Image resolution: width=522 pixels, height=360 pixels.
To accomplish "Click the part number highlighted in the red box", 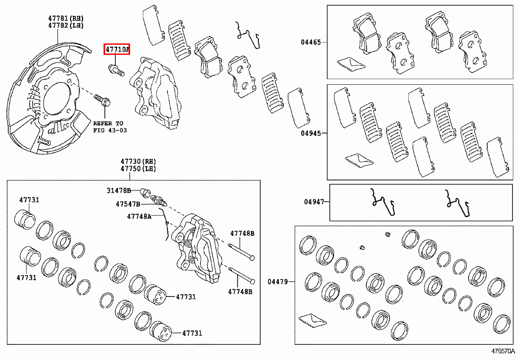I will [x=117, y=50].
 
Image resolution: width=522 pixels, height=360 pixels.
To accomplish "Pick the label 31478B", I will [x=119, y=190].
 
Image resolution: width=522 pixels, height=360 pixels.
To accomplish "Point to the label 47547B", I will [x=127, y=203].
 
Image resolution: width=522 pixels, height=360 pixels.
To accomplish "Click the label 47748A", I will [x=139, y=216].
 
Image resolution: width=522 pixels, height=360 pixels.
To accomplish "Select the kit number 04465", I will [x=311, y=42].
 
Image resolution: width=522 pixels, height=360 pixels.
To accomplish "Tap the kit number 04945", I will [x=311, y=133].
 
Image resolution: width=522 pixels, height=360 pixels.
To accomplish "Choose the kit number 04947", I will [x=314, y=202].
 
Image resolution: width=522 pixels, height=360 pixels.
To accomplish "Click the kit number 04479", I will [x=278, y=282].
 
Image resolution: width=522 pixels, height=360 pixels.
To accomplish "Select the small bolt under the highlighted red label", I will [x=115, y=69].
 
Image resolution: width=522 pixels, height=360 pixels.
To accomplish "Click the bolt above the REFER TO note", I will [x=102, y=100].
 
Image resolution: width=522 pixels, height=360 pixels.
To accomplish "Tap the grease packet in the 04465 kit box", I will [x=351, y=64].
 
